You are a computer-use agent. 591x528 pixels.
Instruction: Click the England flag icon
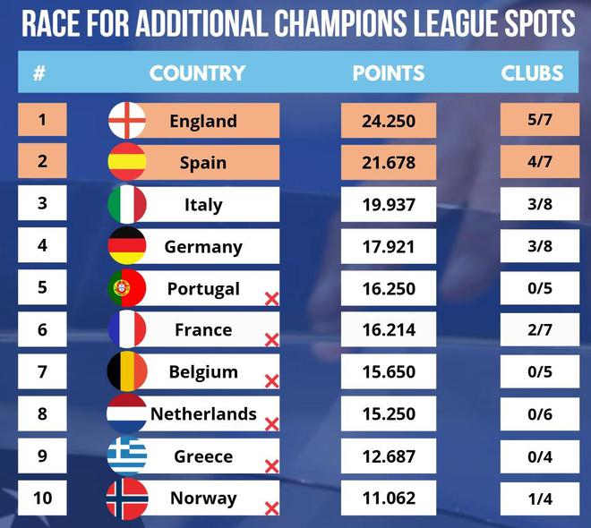127,121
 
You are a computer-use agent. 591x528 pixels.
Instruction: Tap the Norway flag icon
127,498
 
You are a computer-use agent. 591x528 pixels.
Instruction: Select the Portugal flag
127,288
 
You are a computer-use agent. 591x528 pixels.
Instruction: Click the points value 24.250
388,121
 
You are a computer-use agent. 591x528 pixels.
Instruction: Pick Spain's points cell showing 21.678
388,163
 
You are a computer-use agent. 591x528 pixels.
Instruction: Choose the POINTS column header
388,72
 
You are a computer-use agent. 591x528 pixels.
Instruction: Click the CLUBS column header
532,72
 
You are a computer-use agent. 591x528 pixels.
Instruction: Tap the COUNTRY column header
197,72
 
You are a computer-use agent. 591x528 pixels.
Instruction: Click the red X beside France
271,340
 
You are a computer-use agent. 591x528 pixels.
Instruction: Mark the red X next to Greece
271,466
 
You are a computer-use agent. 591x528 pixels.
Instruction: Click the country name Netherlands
203,414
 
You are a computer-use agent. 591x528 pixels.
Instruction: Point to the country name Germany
203,247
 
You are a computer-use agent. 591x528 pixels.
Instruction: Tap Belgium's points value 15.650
388,372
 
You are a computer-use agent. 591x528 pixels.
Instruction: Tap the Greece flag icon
127,456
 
